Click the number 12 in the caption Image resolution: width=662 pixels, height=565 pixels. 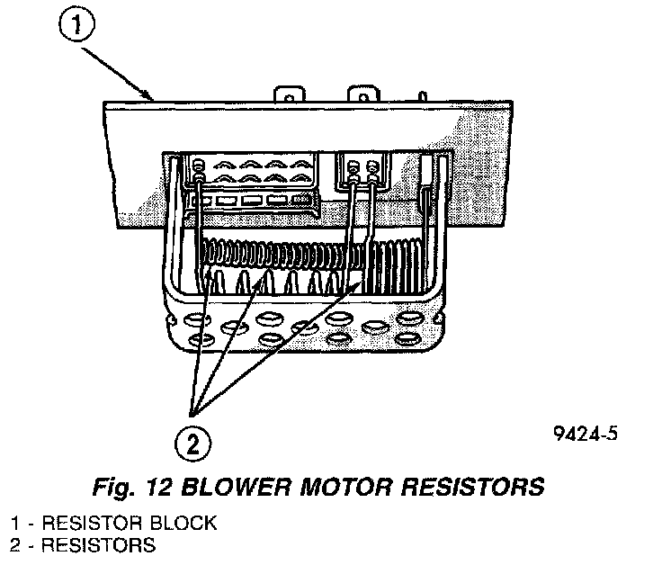coord(159,488)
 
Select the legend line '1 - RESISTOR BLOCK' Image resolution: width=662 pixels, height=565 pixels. coord(113,523)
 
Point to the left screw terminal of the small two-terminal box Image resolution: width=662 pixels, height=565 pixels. coord(352,167)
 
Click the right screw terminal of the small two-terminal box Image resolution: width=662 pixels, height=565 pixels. coord(371,167)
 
